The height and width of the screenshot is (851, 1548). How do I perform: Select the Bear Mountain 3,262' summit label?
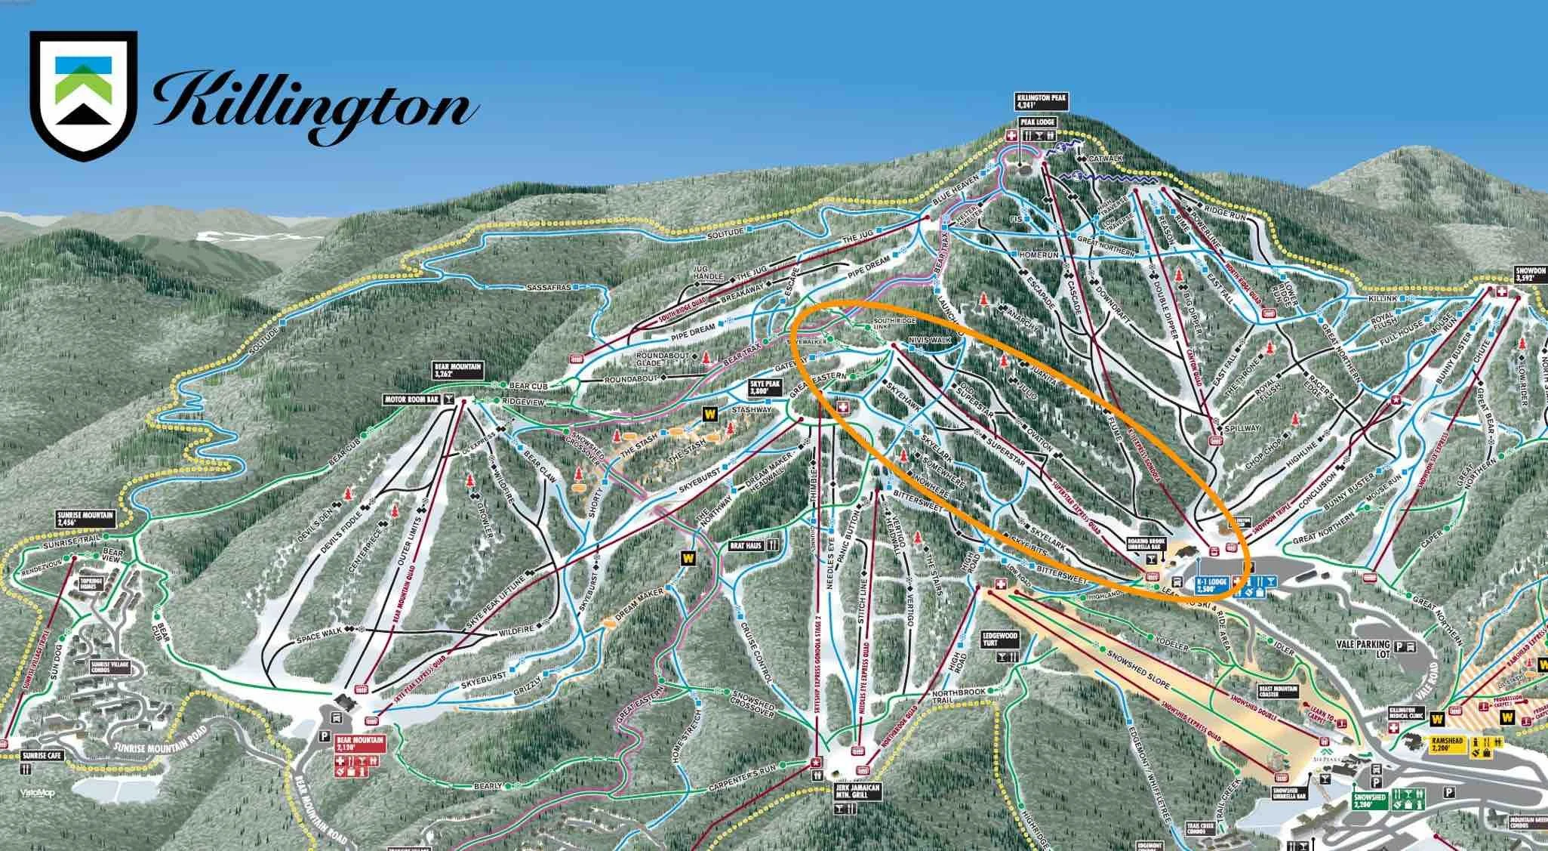[457, 370]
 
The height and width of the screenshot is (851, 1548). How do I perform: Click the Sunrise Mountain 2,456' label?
[85, 518]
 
